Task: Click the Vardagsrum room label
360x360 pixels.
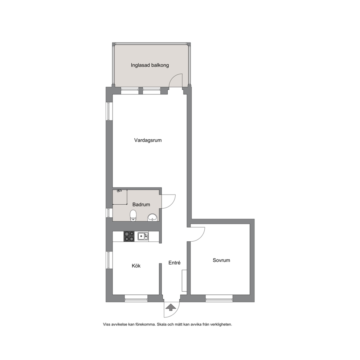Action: click(x=148, y=140)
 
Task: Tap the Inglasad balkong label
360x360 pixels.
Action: click(x=150, y=65)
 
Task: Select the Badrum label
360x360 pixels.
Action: click(x=141, y=204)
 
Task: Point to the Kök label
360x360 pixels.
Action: click(x=136, y=266)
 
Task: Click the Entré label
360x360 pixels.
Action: click(x=175, y=263)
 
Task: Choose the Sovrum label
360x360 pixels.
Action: click(x=221, y=260)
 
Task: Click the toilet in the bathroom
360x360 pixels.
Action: click(x=133, y=216)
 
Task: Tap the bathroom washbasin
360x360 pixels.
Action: click(x=152, y=217)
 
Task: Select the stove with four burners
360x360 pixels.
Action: click(x=129, y=236)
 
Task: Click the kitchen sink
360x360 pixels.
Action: click(x=143, y=236)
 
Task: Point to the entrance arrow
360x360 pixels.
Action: click(x=171, y=307)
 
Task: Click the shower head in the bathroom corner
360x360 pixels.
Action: click(x=119, y=191)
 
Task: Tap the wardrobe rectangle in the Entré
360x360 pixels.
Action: click(x=184, y=281)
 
